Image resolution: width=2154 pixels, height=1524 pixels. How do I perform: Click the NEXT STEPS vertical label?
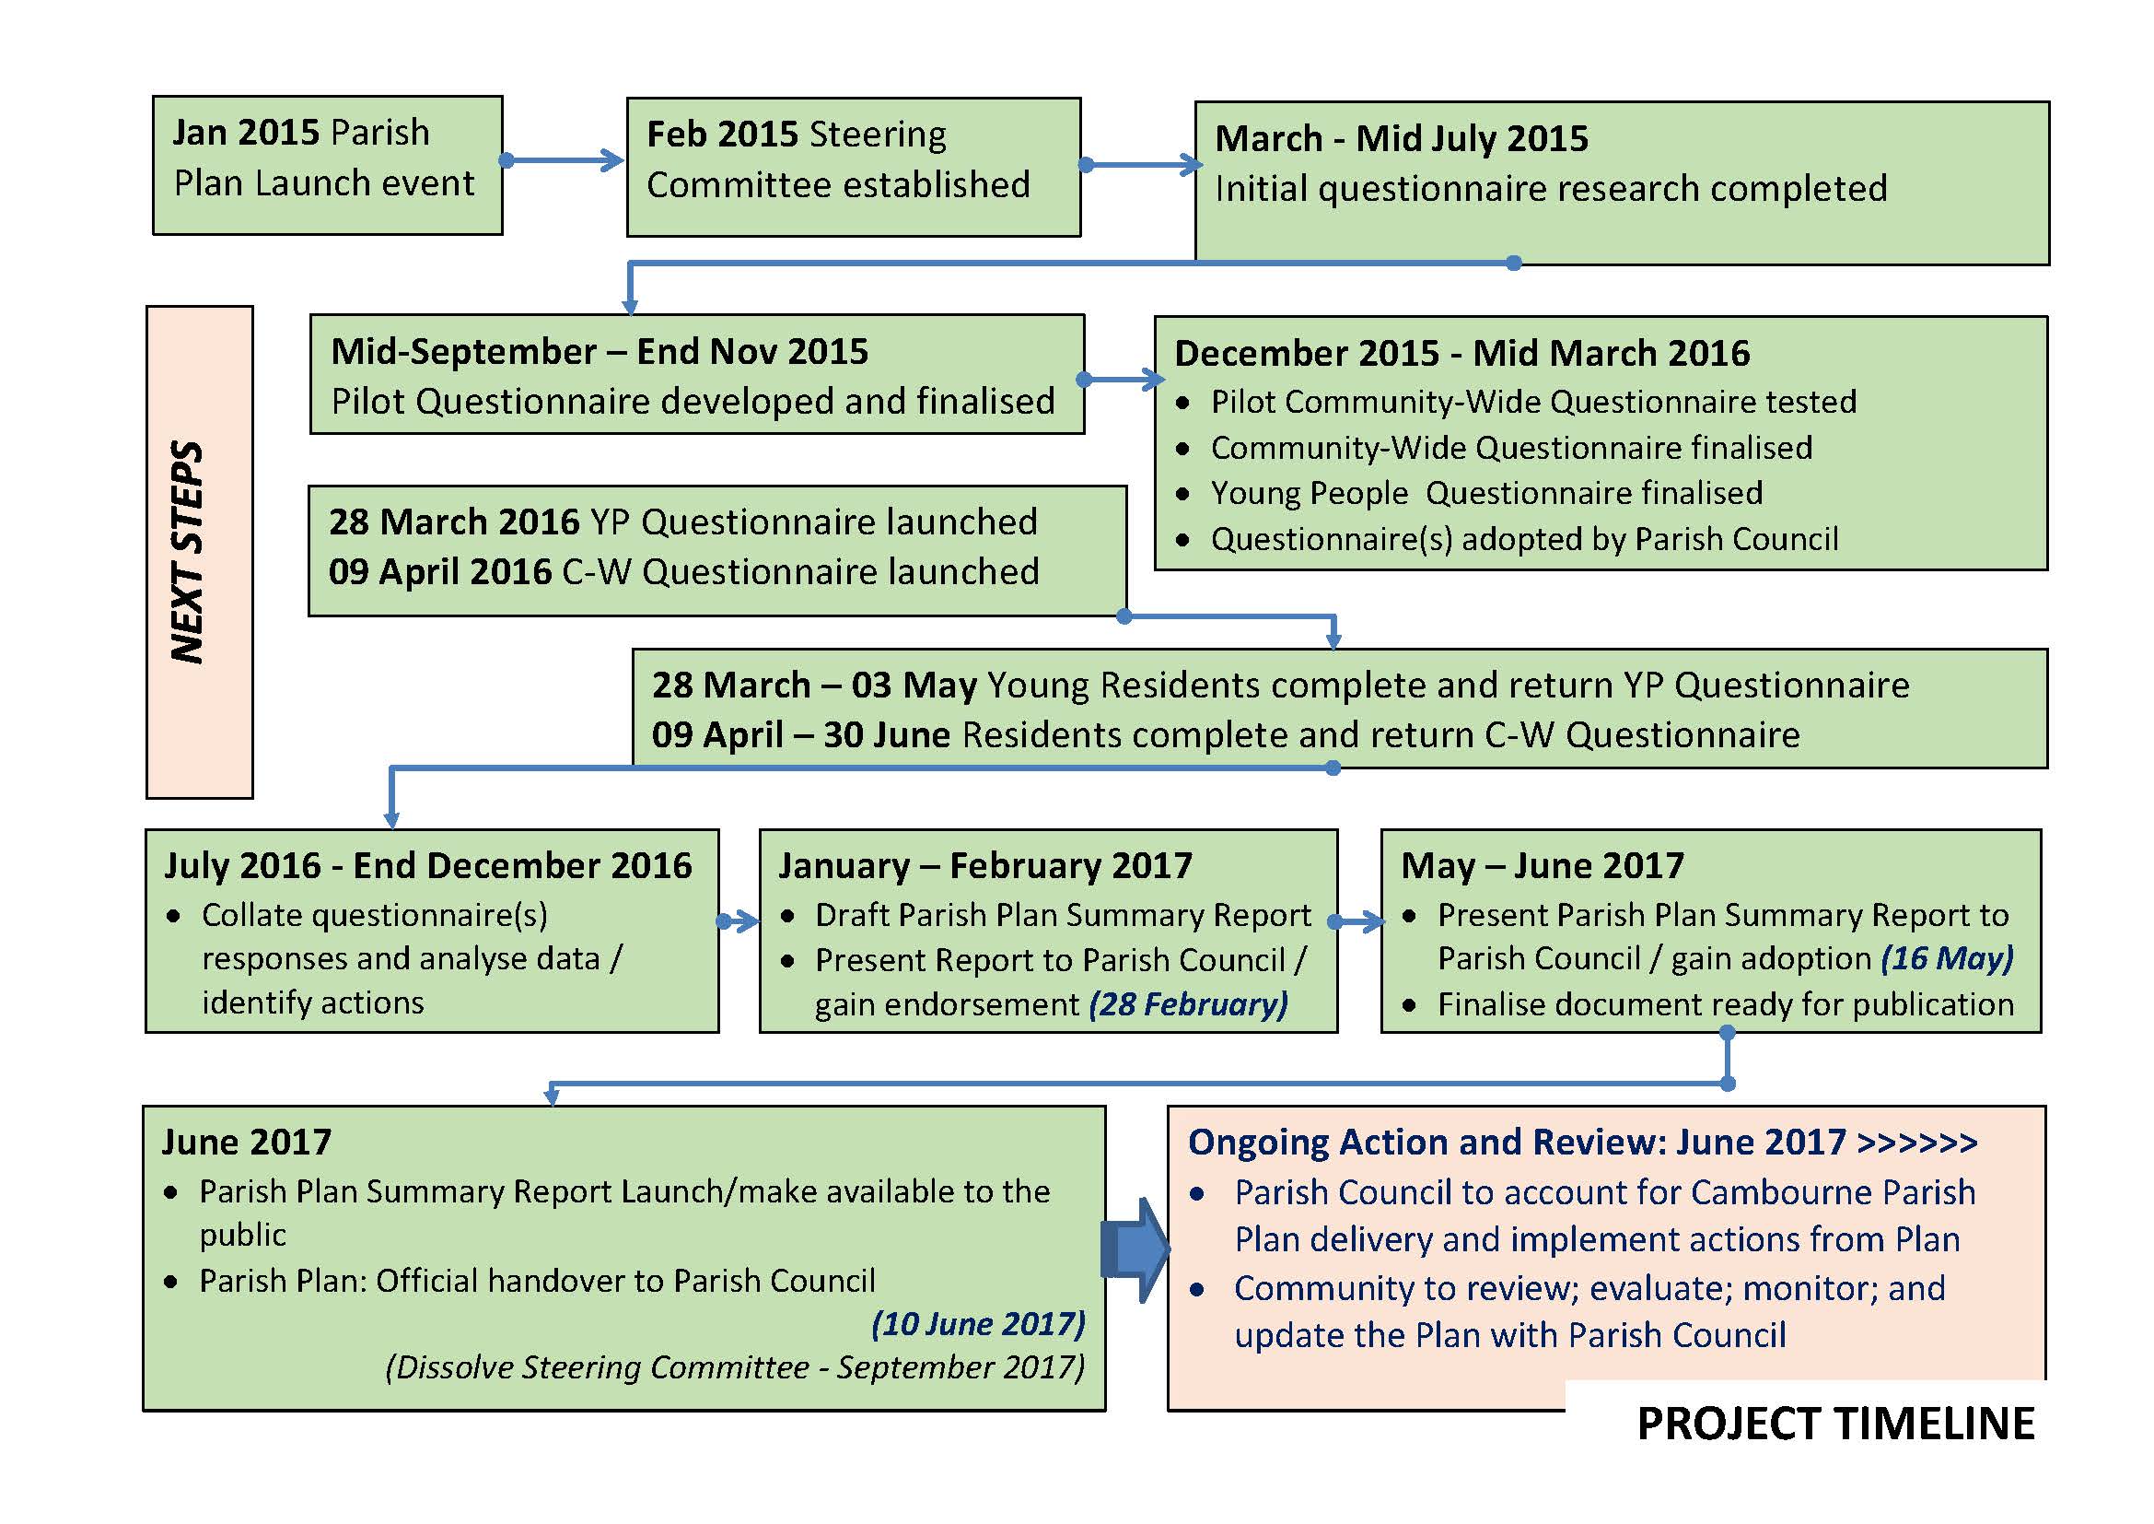[x=188, y=552]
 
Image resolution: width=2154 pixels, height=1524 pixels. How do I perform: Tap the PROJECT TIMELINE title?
[x=1836, y=1424]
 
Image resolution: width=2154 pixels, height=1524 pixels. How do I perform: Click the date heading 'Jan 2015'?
[x=247, y=133]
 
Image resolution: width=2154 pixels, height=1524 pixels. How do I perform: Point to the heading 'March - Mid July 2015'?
[x=1402, y=139]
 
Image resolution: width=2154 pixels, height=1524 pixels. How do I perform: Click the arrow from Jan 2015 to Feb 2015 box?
[x=563, y=160]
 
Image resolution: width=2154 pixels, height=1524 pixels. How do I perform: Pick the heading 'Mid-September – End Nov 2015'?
[x=600, y=352]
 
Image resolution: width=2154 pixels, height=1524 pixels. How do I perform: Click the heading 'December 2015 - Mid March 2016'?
[x=1461, y=354]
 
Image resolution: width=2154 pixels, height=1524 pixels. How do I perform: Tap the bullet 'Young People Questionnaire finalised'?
[x=1487, y=494]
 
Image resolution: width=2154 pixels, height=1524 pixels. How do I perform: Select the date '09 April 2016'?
[x=440, y=572]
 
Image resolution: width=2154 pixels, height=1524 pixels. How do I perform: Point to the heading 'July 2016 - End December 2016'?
[x=428, y=865]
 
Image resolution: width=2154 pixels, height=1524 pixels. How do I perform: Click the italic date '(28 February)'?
[x=1188, y=1005]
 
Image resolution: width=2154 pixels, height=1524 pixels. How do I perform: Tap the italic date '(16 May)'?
[x=1947, y=959]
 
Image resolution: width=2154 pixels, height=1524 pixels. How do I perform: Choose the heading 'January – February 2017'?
[x=985, y=865]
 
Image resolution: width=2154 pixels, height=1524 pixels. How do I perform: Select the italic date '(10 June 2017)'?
[x=978, y=1324]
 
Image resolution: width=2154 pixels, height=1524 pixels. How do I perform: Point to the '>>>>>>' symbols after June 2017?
[x=1917, y=1143]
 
